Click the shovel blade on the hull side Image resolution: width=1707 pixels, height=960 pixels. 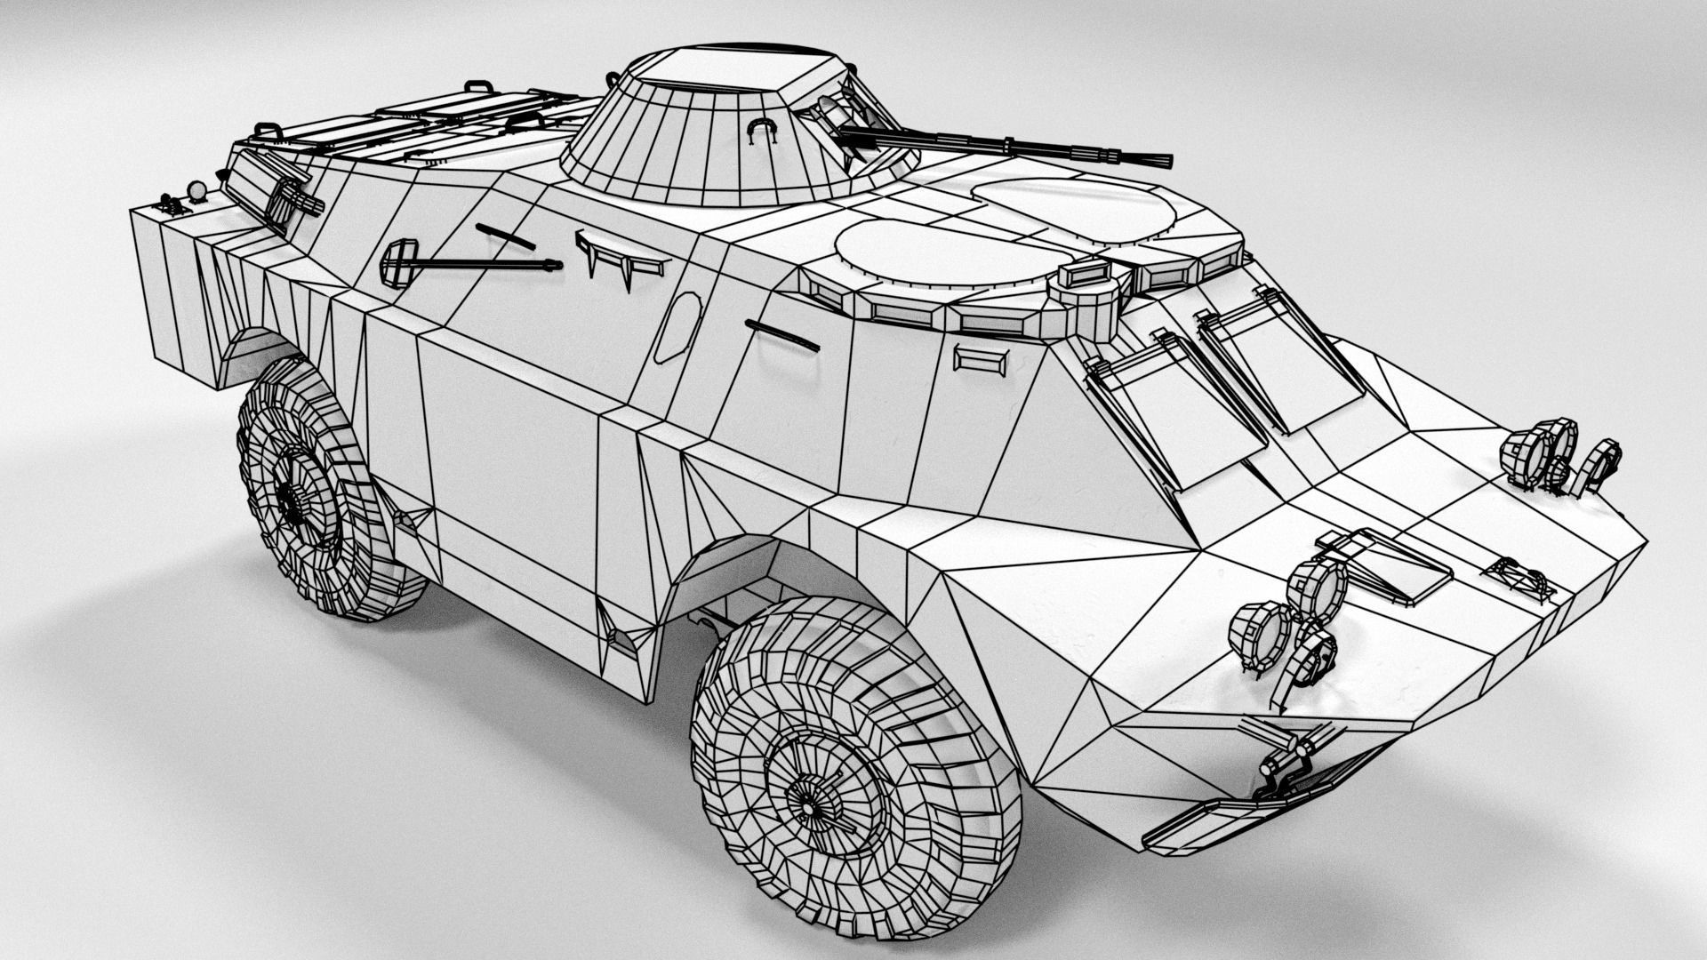click(398, 263)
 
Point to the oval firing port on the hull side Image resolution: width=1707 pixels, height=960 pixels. click(677, 327)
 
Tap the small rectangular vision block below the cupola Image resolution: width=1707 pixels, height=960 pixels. click(981, 359)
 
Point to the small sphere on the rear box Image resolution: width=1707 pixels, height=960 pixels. click(197, 190)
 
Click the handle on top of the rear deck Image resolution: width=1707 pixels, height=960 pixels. click(478, 86)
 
